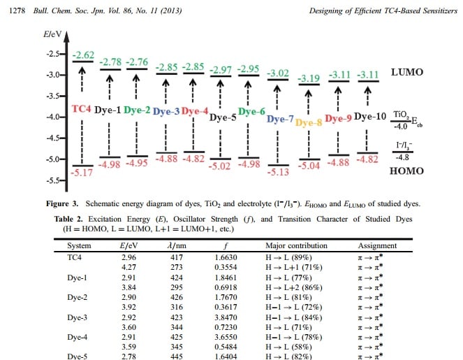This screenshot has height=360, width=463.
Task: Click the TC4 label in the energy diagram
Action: click(x=82, y=110)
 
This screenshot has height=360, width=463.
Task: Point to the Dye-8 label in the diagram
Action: click(x=308, y=123)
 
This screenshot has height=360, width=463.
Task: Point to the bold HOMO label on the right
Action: click(x=406, y=170)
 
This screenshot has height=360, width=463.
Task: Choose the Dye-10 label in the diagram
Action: click(x=369, y=116)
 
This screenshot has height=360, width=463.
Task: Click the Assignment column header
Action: click(x=377, y=246)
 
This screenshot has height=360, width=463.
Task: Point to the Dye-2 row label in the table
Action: click(x=78, y=296)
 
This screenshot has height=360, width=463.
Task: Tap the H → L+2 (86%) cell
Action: click(x=297, y=286)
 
